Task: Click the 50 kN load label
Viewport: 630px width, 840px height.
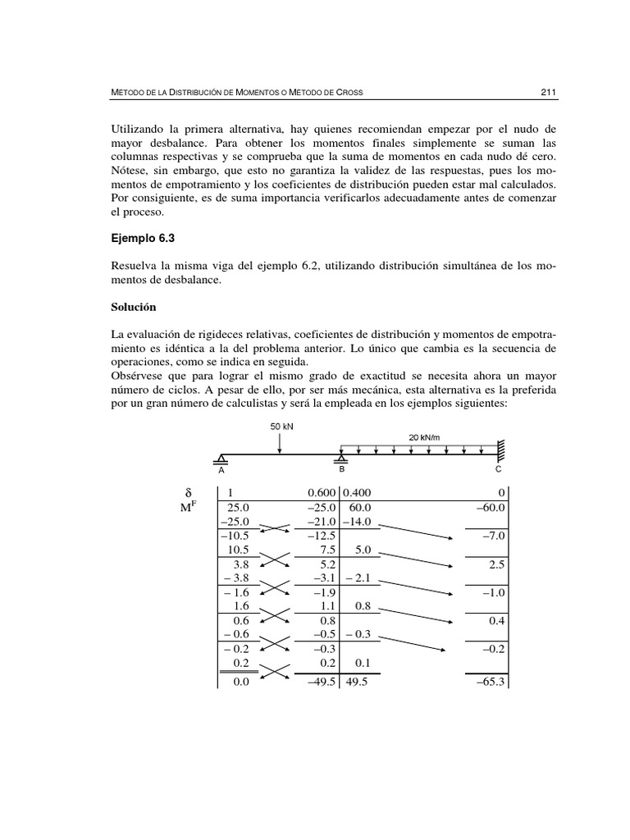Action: click(x=281, y=426)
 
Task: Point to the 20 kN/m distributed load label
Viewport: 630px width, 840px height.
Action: click(x=425, y=437)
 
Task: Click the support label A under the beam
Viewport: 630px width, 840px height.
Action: click(x=221, y=471)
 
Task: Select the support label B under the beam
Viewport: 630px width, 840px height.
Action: click(x=342, y=470)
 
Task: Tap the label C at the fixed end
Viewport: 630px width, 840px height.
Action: click(x=498, y=471)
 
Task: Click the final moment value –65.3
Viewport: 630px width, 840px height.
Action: click(x=490, y=681)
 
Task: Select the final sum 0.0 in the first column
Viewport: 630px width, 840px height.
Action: click(x=239, y=681)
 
